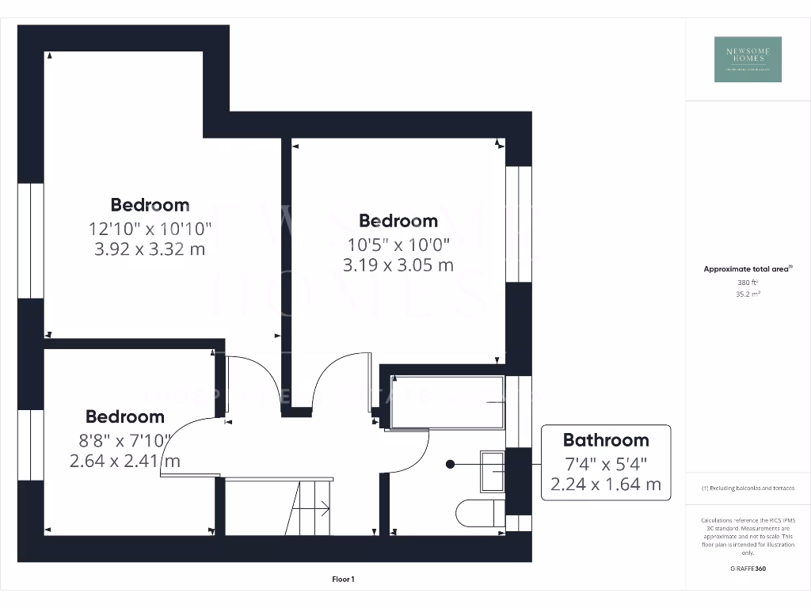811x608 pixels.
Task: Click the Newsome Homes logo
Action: (748, 59)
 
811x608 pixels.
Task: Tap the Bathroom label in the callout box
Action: (605, 440)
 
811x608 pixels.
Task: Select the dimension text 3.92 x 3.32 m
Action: (150, 249)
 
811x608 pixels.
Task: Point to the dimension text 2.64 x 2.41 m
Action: (125, 460)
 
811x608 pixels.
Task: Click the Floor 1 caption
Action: (343, 579)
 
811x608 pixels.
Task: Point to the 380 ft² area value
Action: (748, 282)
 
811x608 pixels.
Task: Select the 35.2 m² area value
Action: (748, 294)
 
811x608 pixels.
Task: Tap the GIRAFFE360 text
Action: (748, 568)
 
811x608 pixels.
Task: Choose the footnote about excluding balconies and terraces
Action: (748, 488)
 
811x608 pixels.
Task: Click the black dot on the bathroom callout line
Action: (450, 464)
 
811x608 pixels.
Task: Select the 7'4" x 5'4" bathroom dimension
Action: (605, 462)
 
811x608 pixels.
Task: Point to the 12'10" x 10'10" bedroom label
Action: (150, 229)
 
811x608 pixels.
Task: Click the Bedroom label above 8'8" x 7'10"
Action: (125, 416)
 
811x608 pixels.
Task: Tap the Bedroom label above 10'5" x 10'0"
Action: (398, 220)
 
